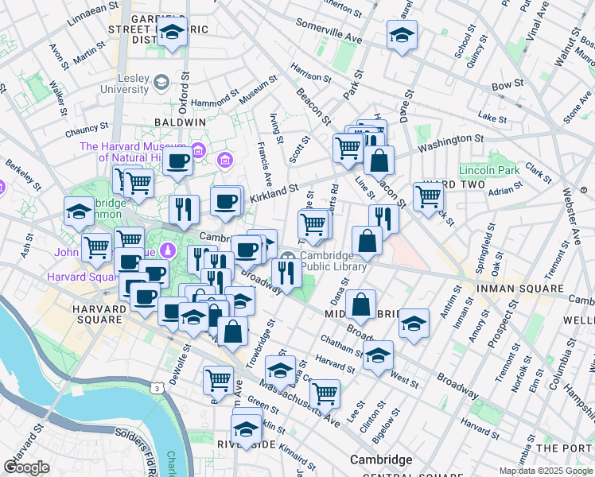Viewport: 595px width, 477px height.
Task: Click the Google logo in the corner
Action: [26, 467]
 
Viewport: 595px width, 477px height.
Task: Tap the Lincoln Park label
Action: [489, 171]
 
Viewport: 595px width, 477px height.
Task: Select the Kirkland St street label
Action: [274, 192]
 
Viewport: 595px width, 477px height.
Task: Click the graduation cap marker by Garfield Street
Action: [171, 34]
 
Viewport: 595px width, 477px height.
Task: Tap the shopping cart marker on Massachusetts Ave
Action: [325, 393]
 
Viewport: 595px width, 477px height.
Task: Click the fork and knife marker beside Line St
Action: [383, 218]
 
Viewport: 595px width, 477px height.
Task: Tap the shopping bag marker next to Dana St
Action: [361, 304]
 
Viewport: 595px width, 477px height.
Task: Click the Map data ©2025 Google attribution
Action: [546, 471]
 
